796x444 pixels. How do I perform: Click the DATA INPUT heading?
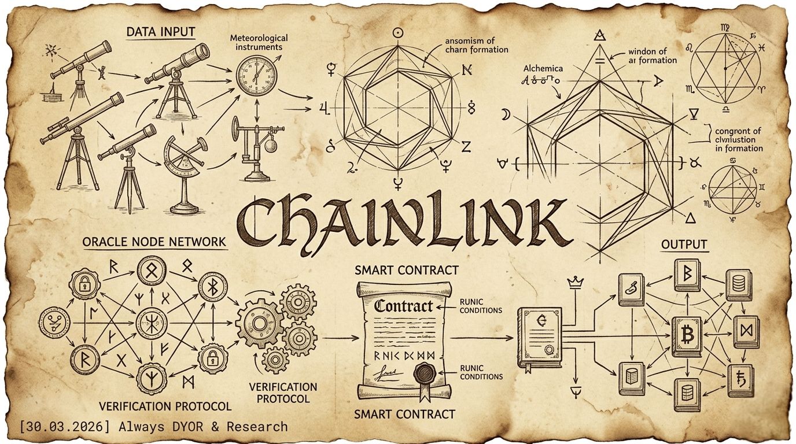(161, 32)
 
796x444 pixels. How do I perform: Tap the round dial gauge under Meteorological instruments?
(256, 76)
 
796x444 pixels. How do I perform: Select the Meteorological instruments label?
(259, 42)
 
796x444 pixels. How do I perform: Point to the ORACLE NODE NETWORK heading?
(154, 242)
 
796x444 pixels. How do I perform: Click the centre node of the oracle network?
(151, 322)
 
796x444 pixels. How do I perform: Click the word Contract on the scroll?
(403, 306)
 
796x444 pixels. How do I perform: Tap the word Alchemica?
(543, 68)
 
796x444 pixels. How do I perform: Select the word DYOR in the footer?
(190, 427)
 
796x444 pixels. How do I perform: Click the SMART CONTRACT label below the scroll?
(405, 414)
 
